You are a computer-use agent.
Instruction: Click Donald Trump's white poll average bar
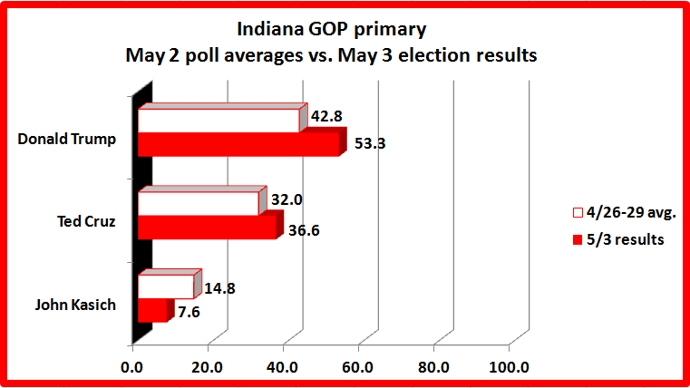coord(219,121)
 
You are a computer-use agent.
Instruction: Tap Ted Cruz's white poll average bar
coord(198,203)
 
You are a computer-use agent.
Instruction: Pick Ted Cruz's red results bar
coord(207,228)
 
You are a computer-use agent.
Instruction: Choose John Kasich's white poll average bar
coord(166,286)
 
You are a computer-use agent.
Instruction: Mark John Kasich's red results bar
coord(152,311)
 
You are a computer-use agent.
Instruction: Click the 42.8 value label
coord(330,116)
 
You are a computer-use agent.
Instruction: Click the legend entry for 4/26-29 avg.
coord(621,214)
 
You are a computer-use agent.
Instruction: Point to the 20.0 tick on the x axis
coord(208,367)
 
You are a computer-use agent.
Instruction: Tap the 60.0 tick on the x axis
coord(358,367)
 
